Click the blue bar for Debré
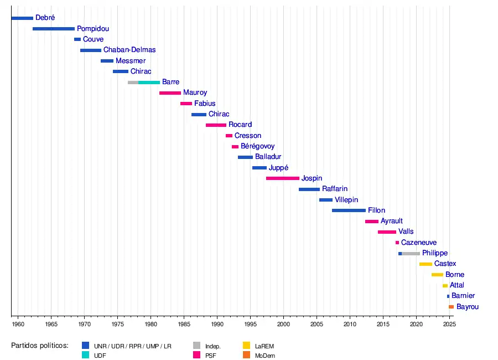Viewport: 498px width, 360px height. pyautogui.click(x=22, y=18)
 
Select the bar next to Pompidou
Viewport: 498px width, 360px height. pyautogui.click(x=53, y=29)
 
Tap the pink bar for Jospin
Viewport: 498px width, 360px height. pyautogui.click(x=282, y=178)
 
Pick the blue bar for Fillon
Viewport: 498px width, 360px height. pyautogui.click(x=349, y=210)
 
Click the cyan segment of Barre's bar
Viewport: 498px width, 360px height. pyautogui.click(x=149, y=83)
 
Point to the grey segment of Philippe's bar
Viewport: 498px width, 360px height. pyautogui.click(x=411, y=254)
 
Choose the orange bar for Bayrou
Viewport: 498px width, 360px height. pyautogui.click(x=451, y=307)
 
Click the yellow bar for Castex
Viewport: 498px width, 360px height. pyautogui.click(x=426, y=264)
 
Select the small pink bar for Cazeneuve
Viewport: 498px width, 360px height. pyautogui.click(x=397, y=243)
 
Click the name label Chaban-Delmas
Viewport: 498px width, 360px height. pyautogui.click(x=129, y=50)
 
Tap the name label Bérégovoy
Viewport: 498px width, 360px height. pyautogui.click(x=257, y=146)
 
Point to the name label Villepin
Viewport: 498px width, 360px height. pyautogui.click(x=346, y=200)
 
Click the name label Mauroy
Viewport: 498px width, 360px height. pyautogui.click(x=195, y=93)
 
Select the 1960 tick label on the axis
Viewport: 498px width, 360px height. pyautogui.click(x=18, y=324)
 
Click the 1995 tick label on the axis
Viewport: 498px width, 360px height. pyautogui.click(x=250, y=324)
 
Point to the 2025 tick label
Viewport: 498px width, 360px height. pyautogui.click(x=449, y=324)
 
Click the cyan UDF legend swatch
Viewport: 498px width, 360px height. pyautogui.click(x=85, y=355)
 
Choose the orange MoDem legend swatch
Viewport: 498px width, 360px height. pyautogui.click(x=247, y=355)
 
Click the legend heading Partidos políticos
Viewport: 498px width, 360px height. pyautogui.click(x=39, y=346)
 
